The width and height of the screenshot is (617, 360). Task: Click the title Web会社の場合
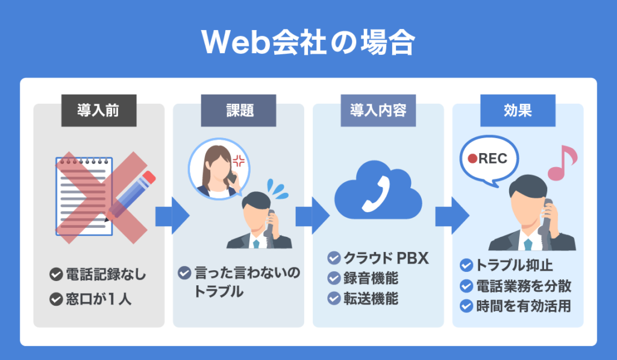[x=308, y=42]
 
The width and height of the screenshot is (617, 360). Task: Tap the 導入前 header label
[x=98, y=111]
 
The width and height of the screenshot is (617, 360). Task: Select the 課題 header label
[x=238, y=111]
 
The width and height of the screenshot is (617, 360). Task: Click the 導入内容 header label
[x=378, y=111]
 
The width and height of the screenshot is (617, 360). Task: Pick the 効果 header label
[x=518, y=111]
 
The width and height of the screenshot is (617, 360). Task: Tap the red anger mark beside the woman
[x=239, y=161]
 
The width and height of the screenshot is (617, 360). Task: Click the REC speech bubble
[x=489, y=160]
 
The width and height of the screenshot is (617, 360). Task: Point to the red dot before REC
[x=474, y=159]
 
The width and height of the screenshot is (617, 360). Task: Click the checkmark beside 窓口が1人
[x=56, y=298]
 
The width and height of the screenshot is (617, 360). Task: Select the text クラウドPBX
[x=386, y=258]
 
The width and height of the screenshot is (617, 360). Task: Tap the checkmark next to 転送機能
[x=334, y=298]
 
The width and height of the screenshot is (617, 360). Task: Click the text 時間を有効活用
[x=523, y=306]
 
